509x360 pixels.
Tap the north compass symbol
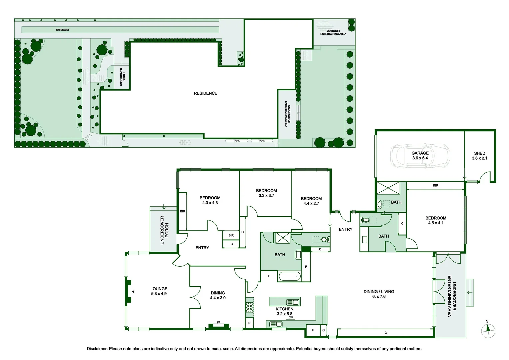pyautogui.click(x=488, y=331)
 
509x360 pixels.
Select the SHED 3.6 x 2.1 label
pyautogui.click(x=479, y=156)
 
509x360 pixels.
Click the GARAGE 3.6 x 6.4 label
pyautogui.click(x=420, y=156)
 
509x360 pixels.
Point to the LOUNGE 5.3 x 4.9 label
pyautogui.click(x=159, y=291)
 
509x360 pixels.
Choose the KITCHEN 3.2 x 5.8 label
pyautogui.click(x=284, y=311)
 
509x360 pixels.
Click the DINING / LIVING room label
pyautogui.click(x=379, y=294)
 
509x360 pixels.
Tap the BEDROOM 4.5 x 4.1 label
pyautogui.click(x=436, y=220)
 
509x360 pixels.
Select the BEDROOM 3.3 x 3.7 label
pyautogui.click(x=266, y=193)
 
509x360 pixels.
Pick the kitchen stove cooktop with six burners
pyautogui.click(x=249, y=307)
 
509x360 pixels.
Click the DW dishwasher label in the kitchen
pyautogui.click(x=290, y=317)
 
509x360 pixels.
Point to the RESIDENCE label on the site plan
pyautogui.click(x=206, y=93)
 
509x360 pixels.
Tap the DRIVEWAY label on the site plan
pyautogui.click(x=63, y=30)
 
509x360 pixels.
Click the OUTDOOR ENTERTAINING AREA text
pyautogui.click(x=333, y=32)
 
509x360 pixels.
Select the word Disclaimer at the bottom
pyautogui.click(x=97, y=349)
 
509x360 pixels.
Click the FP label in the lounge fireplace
pyautogui.click(x=133, y=291)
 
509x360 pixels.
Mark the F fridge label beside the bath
pyautogui.click(x=269, y=276)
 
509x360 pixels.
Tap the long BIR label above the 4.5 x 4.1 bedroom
pyautogui.click(x=436, y=185)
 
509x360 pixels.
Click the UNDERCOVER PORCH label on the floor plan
pyautogui.click(x=164, y=230)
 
